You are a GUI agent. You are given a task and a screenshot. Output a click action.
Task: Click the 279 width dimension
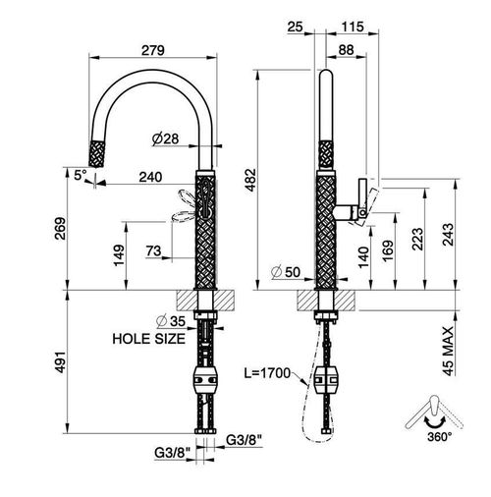pos(153,51)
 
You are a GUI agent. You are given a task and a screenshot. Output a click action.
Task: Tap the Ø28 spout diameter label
pos(166,138)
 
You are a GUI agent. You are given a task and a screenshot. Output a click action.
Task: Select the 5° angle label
pos(81,175)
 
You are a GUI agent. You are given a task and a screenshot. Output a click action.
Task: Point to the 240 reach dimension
pos(150,177)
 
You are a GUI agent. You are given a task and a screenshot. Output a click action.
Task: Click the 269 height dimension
pos(60,228)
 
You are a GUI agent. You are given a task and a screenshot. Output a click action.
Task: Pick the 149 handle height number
pos(118,255)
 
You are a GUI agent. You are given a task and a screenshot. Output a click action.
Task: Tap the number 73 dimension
pos(154,251)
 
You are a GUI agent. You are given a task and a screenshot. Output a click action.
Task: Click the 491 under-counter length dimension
pos(60,362)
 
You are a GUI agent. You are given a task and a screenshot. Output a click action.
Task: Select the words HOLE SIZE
pos(149,339)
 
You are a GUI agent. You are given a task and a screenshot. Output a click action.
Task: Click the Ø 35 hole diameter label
pos(171,321)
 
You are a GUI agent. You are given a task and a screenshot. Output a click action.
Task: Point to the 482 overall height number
pos(251,180)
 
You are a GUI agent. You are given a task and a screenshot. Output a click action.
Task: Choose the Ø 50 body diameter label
pos(286,272)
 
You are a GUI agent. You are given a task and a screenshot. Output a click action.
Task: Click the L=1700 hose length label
pos(267,373)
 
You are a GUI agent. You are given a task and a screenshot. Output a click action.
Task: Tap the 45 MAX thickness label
pos(448,351)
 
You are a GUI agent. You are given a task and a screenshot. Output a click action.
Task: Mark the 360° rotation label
pos(439,436)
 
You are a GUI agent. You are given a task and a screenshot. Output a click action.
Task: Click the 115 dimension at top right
pos(353,27)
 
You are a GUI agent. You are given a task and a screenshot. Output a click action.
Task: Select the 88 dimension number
pos(346,50)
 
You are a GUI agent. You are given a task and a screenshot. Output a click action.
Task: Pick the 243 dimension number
pos(448,235)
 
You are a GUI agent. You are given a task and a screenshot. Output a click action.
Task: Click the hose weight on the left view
pos(204,380)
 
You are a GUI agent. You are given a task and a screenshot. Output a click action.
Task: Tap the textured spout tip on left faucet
pos(97,154)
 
